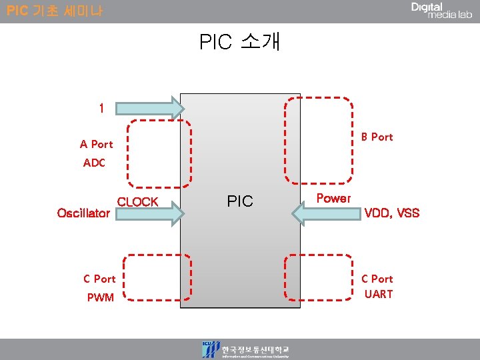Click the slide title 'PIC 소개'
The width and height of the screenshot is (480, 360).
[x=240, y=42]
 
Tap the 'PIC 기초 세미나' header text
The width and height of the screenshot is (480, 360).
[x=55, y=11]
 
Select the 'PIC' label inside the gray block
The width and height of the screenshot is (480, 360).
[x=240, y=201]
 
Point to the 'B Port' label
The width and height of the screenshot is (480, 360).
[x=377, y=137]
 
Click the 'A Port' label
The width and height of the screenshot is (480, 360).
[x=97, y=144]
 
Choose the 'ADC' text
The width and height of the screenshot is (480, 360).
[x=95, y=163]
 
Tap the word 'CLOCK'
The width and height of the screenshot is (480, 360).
[x=137, y=202]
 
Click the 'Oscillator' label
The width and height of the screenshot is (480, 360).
[x=83, y=213]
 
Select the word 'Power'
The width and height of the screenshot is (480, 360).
[x=333, y=198]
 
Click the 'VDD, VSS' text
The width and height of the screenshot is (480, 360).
[x=391, y=213]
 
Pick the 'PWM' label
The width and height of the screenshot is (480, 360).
[x=101, y=297]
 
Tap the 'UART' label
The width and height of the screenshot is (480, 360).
[x=379, y=294]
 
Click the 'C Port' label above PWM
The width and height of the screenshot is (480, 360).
[x=99, y=279]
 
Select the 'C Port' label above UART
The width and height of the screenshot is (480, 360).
[x=377, y=279]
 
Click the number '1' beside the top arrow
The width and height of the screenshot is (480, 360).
[x=101, y=109]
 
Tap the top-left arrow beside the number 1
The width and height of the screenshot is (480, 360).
[x=151, y=108]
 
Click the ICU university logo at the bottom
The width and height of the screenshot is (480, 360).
[x=246, y=350]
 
